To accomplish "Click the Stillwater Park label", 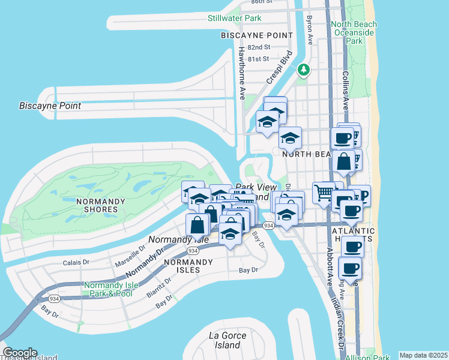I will coord(234,18).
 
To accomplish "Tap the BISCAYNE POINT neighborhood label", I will coord(248,35).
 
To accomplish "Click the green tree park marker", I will coord(304,70).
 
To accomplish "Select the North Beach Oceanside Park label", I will coord(354,32).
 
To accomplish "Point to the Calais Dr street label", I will coord(76,262).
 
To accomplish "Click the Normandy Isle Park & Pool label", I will coord(108,289).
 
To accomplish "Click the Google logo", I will coord(19,353).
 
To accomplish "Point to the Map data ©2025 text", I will coord(423,355).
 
